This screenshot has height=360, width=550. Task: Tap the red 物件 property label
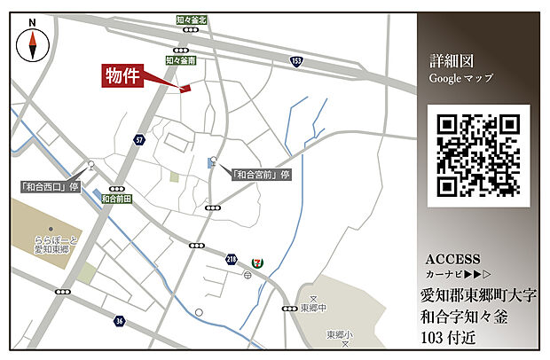click(123, 75)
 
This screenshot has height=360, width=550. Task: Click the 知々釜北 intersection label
click(191, 20)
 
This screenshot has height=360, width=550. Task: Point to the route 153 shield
click(295, 60)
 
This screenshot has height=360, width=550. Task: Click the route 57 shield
click(139, 140)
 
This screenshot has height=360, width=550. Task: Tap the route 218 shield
click(232, 257)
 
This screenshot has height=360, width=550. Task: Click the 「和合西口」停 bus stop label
click(51, 186)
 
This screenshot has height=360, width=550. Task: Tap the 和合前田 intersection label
click(117, 200)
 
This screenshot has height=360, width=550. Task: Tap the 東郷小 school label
click(338, 334)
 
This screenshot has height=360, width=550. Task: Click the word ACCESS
click(452, 260)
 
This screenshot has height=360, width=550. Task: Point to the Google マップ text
click(460, 79)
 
